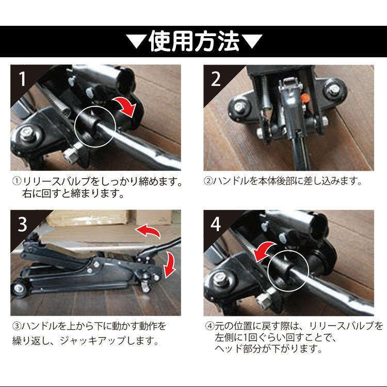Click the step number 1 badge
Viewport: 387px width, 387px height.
[x=22, y=78]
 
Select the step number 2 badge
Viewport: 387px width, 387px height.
[x=216, y=78]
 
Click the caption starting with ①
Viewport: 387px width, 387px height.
[x=98, y=188]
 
